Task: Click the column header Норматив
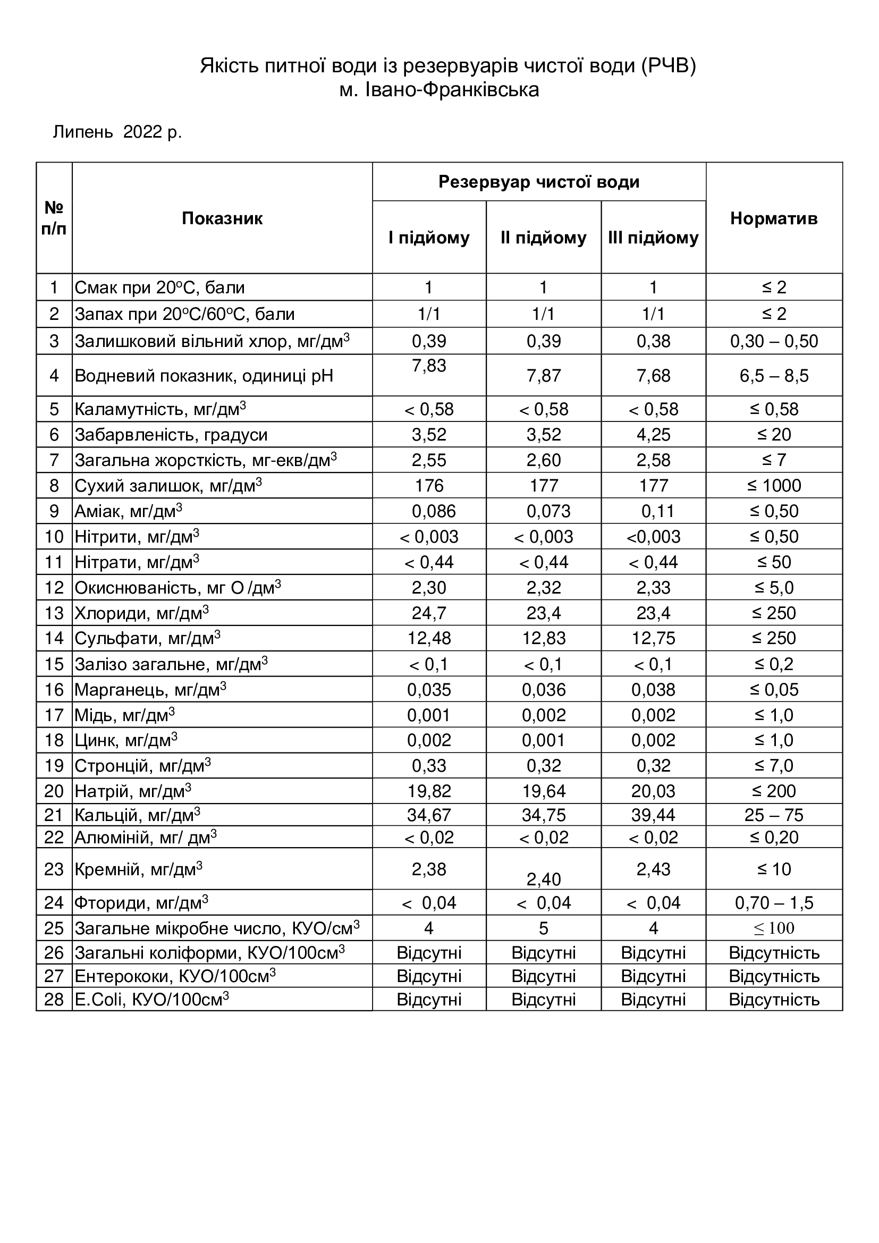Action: pyautogui.click(x=773, y=218)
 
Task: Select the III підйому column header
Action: pyautogui.click(x=653, y=238)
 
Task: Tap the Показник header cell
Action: pyautogui.click(x=222, y=218)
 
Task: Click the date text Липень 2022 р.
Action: pyautogui.click(x=117, y=132)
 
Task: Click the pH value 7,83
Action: pyautogui.click(x=429, y=366)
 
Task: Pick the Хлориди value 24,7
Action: pyautogui.click(x=429, y=613)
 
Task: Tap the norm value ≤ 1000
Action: pyautogui.click(x=773, y=486)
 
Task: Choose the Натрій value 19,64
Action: pyautogui.click(x=544, y=791)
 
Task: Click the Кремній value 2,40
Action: pyautogui.click(x=544, y=879)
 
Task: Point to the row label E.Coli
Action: pyautogui.click(x=151, y=1000)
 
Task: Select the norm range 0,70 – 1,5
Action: pyautogui.click(x=773, y=902)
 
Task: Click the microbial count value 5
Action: pyautogui.click(x=544, y=928)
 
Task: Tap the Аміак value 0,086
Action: pyautogui.click(x=434, y=511)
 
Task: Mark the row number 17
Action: pyautogui.click(x=54, y=715)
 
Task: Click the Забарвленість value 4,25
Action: pyautogui.click(x=653, y=435)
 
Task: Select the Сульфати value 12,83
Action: pyautogui.click(x=544, y=638)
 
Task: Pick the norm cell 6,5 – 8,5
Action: pyautogui.click(x=773, y=376)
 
